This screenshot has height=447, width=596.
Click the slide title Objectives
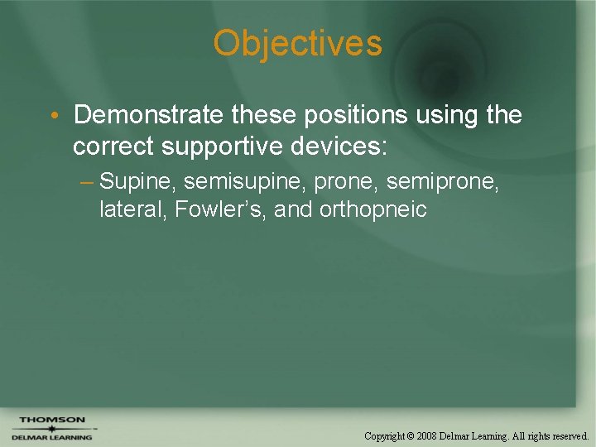[x=297, y=43]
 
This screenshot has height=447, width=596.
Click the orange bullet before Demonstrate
[x=53, y=115]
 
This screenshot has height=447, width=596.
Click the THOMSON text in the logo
[x=51, y=420]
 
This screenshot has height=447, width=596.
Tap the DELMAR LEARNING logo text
[x=51, y=437]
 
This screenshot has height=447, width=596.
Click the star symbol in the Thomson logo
[x=51, y=429]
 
